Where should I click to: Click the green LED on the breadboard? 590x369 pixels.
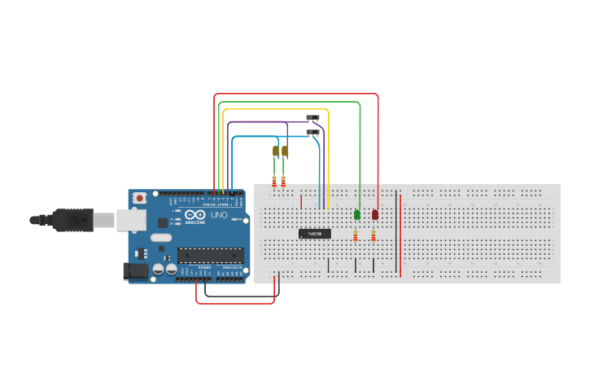click(357, 214)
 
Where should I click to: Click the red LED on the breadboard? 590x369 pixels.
click(375, 214)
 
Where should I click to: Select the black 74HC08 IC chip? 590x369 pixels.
click(315, 234)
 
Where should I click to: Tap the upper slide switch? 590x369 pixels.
click(312, 118)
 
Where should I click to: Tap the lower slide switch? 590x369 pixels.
click(312, 131)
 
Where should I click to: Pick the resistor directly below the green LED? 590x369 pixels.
click(356, 235)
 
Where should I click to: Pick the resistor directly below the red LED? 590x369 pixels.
click(374, 235)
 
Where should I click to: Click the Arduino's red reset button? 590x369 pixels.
click(140, 198)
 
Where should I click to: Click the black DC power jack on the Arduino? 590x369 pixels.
click(132, 271)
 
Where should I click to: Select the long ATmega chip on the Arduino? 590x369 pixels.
click(210, 255)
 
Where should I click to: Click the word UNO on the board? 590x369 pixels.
click(220, 215)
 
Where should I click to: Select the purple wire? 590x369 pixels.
click(256, 122)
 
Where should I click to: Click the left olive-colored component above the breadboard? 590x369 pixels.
click(276, 152)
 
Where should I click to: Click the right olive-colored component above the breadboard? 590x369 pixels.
click(285, 151)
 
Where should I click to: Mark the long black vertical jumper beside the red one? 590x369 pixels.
click(396, 232)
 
